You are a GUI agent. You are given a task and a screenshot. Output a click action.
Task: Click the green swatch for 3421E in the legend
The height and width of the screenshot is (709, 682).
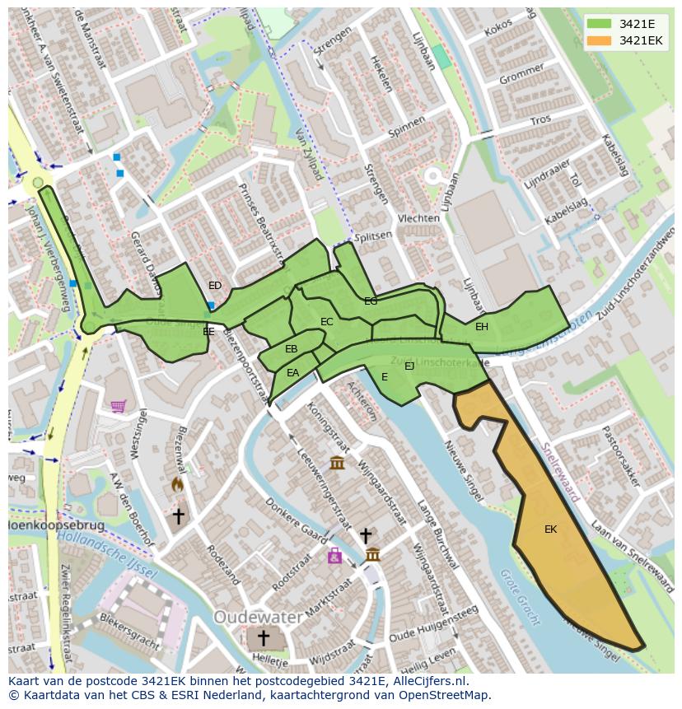click(x=600, y=25)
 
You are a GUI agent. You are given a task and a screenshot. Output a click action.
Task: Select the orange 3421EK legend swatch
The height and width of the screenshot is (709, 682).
click(x=600, y=40)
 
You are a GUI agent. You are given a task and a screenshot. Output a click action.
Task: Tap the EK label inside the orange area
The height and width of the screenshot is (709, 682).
click(x=550, y=529)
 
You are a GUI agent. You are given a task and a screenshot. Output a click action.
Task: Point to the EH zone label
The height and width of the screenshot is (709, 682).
click(x=482, y=327)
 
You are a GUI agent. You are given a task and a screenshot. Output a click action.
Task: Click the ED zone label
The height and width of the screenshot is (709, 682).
click(x=215, y=286)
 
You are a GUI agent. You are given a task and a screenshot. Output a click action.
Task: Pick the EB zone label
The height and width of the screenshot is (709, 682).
click(x=291, y=349)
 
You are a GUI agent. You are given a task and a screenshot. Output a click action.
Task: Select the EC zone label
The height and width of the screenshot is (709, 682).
click(x=327, y=322)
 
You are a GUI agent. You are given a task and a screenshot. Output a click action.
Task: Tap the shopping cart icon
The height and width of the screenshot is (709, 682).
click(x=119, y=406)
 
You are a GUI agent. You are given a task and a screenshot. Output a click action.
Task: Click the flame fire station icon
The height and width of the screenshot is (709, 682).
click(x=177, y=486)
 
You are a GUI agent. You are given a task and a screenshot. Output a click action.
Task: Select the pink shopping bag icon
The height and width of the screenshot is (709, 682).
click(x=334, y=557)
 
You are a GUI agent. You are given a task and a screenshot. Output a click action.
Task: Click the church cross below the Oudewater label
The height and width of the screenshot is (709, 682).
click(x=264, y=638)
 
